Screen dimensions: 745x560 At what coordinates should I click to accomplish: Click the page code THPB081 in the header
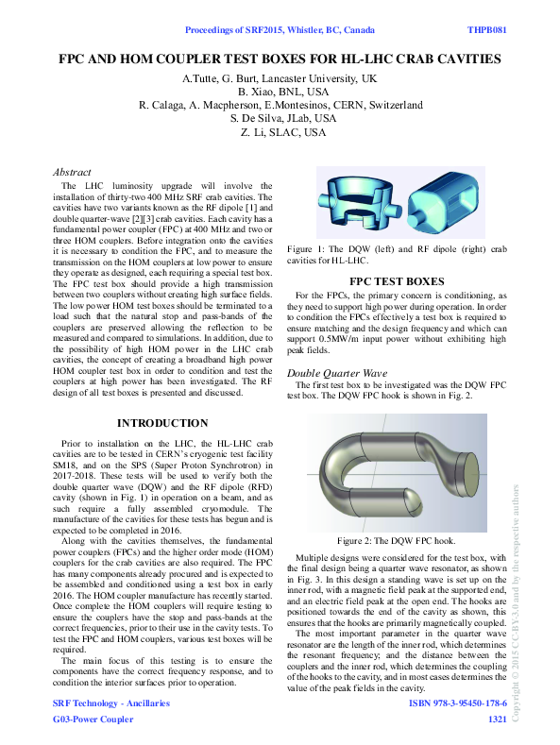pyautogui.click(x=488, y=30)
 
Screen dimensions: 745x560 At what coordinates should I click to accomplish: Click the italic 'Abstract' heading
pyautogui.click(x=72, y=173)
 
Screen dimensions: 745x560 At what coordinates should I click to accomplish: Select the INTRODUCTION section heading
pyautogui.click(x=162, y=423)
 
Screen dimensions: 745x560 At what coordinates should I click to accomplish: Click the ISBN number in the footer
pyautogui.click(x=458, y=704)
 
